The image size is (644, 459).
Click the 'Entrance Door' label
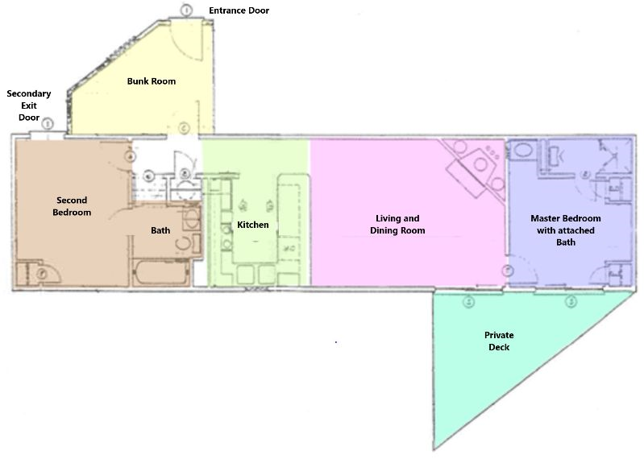click(239, 10)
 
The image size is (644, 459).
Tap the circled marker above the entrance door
click(186, 10)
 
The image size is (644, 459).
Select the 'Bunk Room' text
click(152, 81)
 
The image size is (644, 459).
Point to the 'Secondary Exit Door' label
click(29, 105)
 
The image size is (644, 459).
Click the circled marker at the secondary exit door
click(48, 123)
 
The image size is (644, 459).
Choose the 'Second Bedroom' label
click(72, 206)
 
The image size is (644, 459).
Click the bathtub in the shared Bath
click(160, 273)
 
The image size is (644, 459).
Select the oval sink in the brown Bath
click(190, 219)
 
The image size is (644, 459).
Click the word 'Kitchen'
click(253, 225)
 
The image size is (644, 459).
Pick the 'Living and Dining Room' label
click(397, 225)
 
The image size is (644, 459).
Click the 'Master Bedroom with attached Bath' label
click(566, 230)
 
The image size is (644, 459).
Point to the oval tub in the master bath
click(523, 149)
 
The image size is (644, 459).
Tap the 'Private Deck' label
click(499, 341)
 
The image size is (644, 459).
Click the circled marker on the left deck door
click(468, 302)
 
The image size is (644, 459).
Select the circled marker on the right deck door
click(571, 302)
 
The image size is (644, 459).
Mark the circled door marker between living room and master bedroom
click(508, 271)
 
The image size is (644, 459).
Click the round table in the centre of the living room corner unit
click(480, 164)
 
